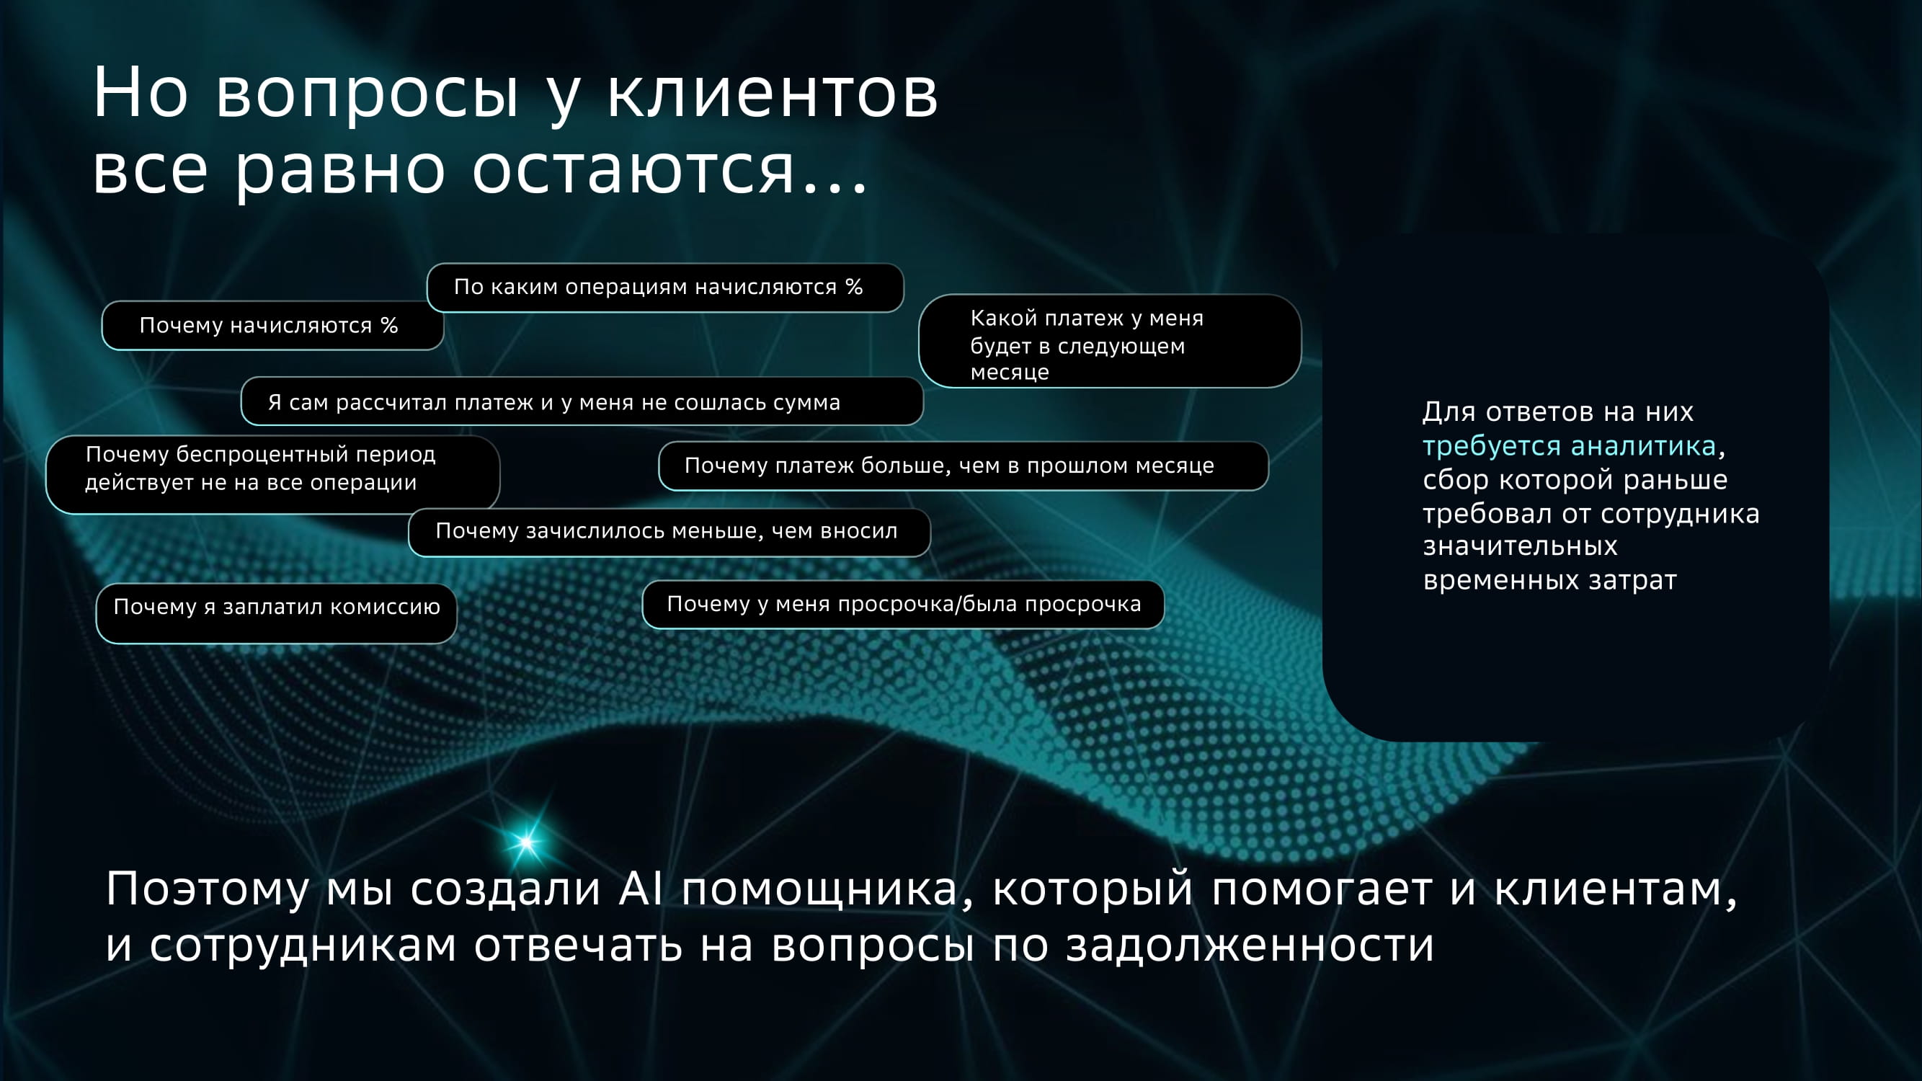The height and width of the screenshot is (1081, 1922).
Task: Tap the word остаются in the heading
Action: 633,169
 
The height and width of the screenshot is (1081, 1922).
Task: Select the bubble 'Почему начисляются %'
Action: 272,325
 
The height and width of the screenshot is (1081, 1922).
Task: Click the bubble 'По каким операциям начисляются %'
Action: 664,288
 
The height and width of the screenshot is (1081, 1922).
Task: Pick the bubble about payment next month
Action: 1110,341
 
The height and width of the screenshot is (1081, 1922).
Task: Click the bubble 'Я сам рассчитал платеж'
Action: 582,401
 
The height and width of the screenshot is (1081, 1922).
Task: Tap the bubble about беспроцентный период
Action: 272,474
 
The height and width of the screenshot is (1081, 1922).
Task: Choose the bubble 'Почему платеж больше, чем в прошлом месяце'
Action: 964,466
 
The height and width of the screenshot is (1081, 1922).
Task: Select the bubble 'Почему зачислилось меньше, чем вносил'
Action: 669,532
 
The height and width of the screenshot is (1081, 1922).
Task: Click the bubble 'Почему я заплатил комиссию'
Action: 276,613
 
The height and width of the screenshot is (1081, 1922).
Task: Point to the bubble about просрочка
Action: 903,605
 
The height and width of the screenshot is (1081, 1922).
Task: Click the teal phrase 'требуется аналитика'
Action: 1569,447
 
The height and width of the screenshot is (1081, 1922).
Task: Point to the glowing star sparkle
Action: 526,842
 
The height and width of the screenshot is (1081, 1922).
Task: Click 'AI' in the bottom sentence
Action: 641,889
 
